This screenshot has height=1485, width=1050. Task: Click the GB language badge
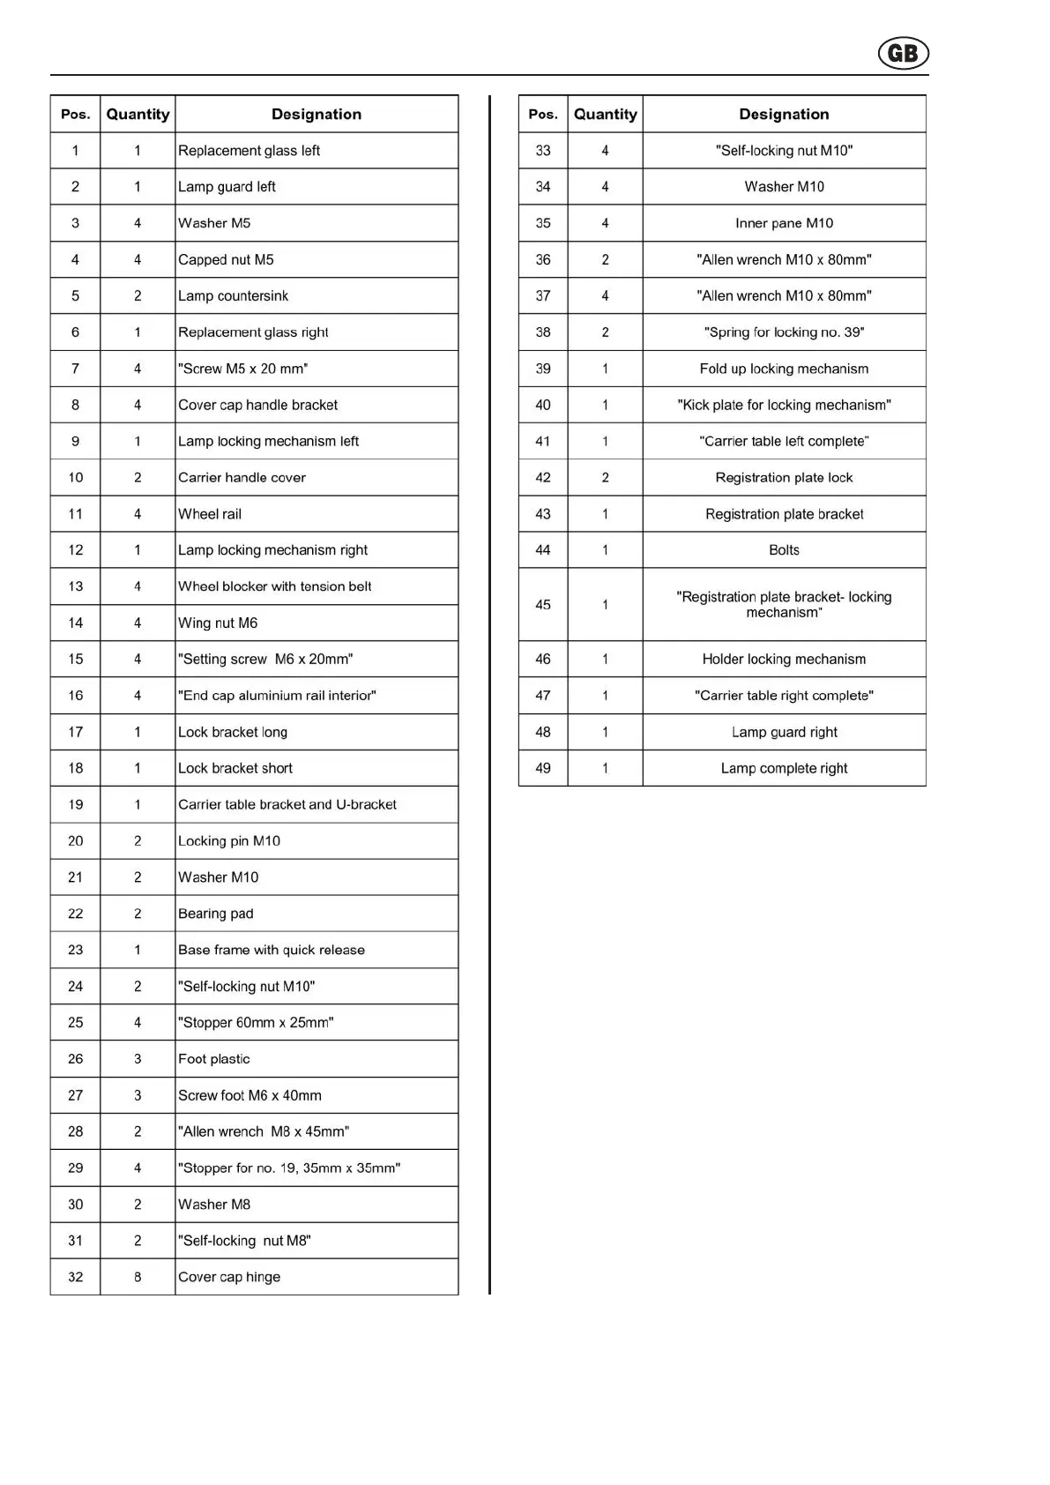[x=903, y=54]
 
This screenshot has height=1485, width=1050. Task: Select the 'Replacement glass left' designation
[x=249, y=151]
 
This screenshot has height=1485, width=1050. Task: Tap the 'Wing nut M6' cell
[x=218, y=623]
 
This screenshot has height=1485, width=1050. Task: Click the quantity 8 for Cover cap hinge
[x=138, y=1277]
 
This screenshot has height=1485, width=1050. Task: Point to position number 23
[x=76, y=950]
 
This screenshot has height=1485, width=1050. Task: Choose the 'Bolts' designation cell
[x=784, y=550]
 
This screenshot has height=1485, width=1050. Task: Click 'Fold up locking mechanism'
[x=784, y=369]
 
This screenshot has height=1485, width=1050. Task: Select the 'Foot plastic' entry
[x=214, y=1059]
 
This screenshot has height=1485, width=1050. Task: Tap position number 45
[x=543, y=605]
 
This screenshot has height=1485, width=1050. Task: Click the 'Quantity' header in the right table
[x=605, y=115]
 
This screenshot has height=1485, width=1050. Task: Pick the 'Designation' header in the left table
[x=316, y=115]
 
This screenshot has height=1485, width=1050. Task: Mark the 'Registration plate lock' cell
[x=784, y=478]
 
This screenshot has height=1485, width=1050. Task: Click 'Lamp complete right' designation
[x=784, y=768]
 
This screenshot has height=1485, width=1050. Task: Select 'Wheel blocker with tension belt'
[x=274, y=586]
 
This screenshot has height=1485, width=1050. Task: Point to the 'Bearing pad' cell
[x=216, y=914]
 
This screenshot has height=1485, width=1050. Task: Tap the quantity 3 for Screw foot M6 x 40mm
[x=138, y=1095]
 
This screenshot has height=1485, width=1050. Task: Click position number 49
[x=543, y=768]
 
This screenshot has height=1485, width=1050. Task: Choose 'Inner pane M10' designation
[x=784, y=223]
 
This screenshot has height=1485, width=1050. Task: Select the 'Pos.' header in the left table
[x=76, y=115]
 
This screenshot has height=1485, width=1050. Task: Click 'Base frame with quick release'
[x=272, y=950]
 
